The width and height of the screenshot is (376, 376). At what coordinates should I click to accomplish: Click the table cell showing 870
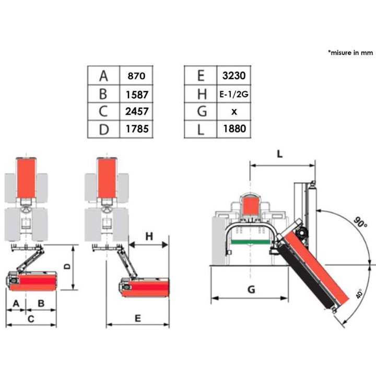pyautogui.click(x=136, y=76)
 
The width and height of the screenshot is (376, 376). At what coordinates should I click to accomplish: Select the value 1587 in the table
pyautogui.click(x=137, y=95)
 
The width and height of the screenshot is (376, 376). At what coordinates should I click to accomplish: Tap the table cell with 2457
pyautogui.click(x=137, y=112)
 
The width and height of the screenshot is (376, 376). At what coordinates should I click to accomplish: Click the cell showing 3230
pyautogui.click(x=234, y=76)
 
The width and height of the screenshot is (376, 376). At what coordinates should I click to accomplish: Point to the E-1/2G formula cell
pyautogui.click(x=234, y=94)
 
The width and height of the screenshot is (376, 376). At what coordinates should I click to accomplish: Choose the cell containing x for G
pyautogui.click(x=234, y=112)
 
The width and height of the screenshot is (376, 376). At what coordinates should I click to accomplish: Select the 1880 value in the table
pyautogui.click(x=234, y=129)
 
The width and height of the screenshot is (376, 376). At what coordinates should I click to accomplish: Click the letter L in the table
pyautogui.click(x=201, y=130)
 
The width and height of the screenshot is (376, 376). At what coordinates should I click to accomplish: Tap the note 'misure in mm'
pyautogui.click(x=350, y=53)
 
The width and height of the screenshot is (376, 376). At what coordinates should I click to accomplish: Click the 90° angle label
pyautogui.click(x=360, y=222)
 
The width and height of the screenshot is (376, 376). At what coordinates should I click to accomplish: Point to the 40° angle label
pyautogui.click(x=359, y=293)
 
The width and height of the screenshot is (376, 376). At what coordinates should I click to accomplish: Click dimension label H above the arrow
pyautogui.click(x=149, y=237)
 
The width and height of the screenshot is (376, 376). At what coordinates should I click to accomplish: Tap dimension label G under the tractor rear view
pyautogui.click(x=251, y=290)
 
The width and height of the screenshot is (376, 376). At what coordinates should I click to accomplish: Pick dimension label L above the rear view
pyautogui.click(x=279, y=154)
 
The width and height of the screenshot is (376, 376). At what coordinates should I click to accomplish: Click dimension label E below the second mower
pyautogui.click(x=138, y=319)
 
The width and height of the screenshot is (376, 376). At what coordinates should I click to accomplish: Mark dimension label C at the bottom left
pyautogui.click(x=31, y=319)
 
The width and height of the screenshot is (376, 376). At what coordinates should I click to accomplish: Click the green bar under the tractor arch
pyautogui.click(x=250, y=242)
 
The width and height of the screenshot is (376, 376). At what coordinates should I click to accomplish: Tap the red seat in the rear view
pyautogui.click(x=251, y=206)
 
